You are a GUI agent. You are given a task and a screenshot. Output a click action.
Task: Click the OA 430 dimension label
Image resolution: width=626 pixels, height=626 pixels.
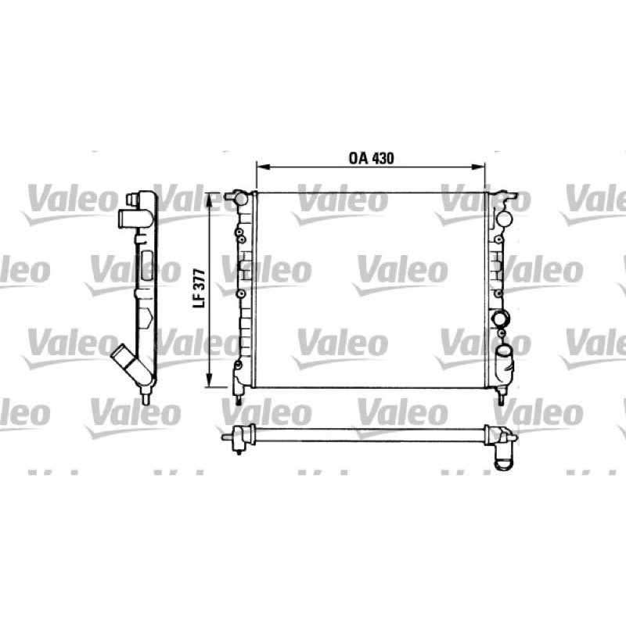tap(371, 158)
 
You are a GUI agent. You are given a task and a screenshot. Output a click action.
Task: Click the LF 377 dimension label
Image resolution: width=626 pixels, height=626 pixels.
tap(200, 288)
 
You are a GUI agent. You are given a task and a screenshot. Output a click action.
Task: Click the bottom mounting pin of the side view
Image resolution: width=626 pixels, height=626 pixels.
tap(146, 398)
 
